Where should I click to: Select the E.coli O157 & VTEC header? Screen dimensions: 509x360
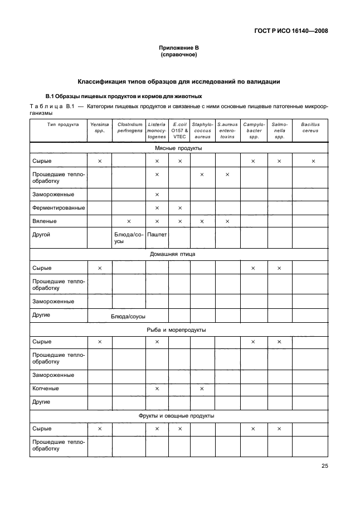click(x=179, y=130)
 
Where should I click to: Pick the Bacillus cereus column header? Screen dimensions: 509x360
click(x=310, y=128)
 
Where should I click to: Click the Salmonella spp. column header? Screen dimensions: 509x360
click(x=279, y=130)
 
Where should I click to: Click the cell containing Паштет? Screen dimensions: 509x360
click(x=157, y=235)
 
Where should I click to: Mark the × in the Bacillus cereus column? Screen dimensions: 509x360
click(x=313, y=162)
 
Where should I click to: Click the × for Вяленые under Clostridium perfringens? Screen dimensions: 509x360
click(x=129, y=221)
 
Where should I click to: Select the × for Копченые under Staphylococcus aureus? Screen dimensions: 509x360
click(x=202, y=389)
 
